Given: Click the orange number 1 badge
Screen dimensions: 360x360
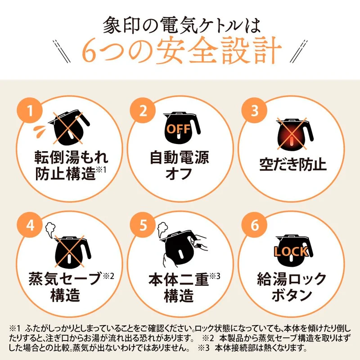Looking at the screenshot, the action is tap(30, 110).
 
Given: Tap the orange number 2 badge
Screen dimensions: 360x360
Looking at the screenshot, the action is tap(143, 110).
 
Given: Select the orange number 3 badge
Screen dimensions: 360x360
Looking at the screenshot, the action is tap(254, 110).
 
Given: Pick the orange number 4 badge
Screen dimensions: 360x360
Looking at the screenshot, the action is tap(30, 225).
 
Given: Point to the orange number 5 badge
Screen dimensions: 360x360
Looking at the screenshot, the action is tap(143, 225).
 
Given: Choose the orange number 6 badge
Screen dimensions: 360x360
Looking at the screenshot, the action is tap(254, 225).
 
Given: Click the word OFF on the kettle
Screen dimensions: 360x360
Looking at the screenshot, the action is tap(179, 130).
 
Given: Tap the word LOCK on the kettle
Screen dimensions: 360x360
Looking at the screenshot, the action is tap(291, 252).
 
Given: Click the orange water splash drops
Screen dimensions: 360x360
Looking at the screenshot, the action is tap(40, 130).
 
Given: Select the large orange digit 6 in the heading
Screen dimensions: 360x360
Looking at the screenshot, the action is tap(88, 51).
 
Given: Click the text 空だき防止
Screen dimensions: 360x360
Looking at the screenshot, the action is tap(293, 164).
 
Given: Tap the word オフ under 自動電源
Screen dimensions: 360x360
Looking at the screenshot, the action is tap(179, 173).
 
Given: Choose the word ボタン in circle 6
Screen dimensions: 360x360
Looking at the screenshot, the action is tap(292, 295).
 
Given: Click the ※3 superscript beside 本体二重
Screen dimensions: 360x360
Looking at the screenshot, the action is tap(215, 276).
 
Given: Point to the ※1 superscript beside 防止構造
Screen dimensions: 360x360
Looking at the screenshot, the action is tap(101, 170).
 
